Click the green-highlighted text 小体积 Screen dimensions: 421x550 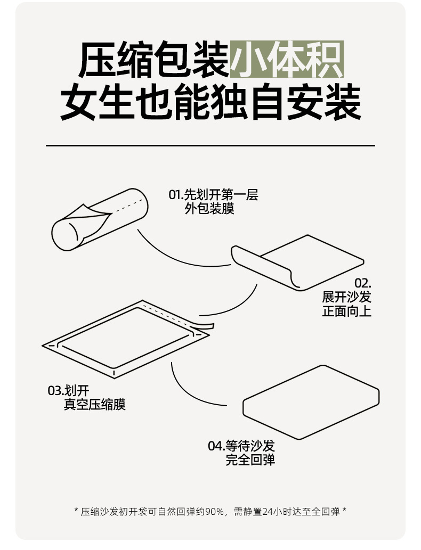click(x=287, y=60)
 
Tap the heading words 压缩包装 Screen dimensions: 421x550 click(x=154, y=60)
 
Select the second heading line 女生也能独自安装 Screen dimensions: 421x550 click(x=210, y=102)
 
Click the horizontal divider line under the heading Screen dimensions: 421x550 click(x=210, y=145)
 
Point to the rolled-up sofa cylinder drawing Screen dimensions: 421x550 click(x=100, y=219)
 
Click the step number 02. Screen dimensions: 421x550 click(x=363, y=283)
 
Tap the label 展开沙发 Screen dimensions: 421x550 click(x=346, y=297)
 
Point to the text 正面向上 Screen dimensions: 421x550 click(x=346, y=311)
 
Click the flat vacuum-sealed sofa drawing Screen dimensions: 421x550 click(x=126, y=339)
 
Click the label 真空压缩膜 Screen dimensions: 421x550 click(x=94, y=405)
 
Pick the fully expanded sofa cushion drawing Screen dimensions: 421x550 click(x=311, y=402)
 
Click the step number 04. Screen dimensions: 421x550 click(x=216, y=447)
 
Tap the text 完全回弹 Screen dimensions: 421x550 click(x=250, y=460)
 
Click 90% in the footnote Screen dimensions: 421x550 click(x=215, y=512)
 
